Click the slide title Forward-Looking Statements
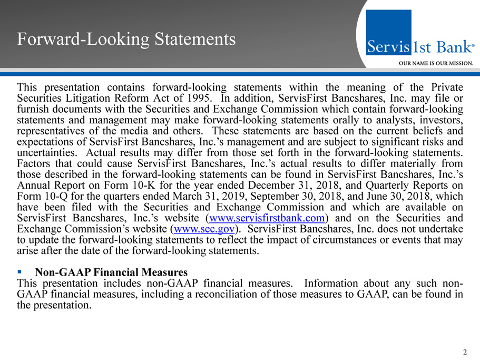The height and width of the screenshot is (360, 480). (126, 39)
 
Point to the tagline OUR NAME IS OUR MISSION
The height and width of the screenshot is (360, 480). (436, 62)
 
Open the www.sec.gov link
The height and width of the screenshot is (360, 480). (203, 229)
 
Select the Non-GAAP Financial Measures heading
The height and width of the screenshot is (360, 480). (111, 273)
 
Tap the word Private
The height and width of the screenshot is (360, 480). (446, 87)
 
